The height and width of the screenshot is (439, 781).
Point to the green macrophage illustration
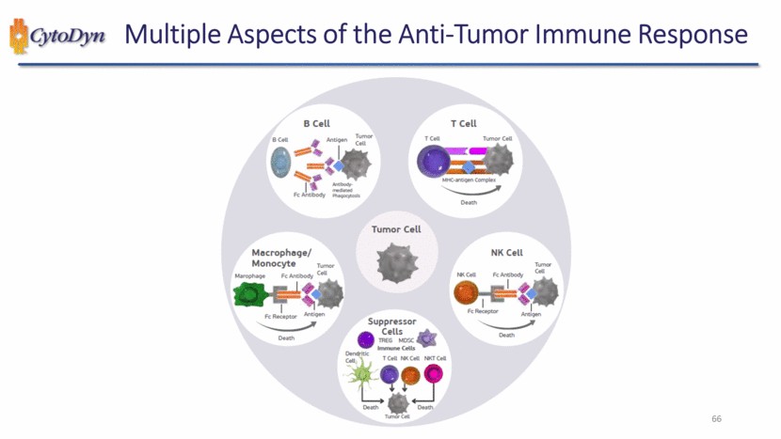(x=250, y=296)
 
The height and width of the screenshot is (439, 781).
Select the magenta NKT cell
(x=435, y=374)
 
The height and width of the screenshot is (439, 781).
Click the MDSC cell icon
(x=427, y=337)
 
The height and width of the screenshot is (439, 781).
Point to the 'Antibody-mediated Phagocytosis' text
(x=360, y=190)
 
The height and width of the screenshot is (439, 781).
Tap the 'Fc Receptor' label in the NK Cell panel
(x=482, y=311)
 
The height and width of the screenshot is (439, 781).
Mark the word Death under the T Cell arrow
(x=468, y=202)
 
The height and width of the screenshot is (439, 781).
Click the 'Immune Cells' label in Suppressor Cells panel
(x=396, y=348)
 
